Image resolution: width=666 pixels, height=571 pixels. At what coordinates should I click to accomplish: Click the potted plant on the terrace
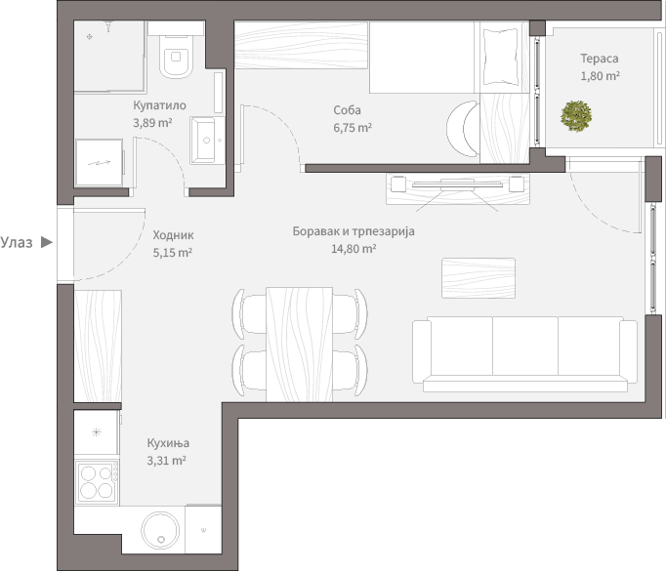coord(576,116)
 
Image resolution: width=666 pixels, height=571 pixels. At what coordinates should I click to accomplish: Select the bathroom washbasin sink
coord(207,141)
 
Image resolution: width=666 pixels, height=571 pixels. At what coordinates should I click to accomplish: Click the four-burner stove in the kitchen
coord(97,482)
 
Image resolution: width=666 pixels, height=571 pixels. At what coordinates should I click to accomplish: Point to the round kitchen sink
coord(160,530)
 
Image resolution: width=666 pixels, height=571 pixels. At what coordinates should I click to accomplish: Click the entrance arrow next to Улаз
coord(47,242)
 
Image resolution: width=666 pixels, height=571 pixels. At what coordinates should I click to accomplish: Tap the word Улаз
coord(17,242)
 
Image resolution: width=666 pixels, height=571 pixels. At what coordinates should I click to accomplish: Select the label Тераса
coord(600,59)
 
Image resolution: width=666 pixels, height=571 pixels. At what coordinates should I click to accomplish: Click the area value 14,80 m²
coord(354,248)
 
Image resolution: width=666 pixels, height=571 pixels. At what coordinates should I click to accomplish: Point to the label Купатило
coord(160,105)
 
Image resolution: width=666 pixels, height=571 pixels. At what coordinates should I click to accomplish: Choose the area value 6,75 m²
coord(353,127)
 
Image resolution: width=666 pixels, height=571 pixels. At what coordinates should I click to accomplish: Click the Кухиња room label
coord(168,443)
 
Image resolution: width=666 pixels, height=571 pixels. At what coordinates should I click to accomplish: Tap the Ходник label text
coord(173,235)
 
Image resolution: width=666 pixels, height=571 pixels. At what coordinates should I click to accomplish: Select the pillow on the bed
coord(501,57)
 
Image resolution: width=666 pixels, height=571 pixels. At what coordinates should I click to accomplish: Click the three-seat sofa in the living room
coord(524,354)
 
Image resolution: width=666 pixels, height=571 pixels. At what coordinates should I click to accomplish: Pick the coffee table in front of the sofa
coord(479,278)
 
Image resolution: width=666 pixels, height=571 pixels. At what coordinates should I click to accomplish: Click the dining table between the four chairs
coord(300,345)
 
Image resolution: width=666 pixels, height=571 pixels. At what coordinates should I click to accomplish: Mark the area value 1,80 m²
coord(600,76)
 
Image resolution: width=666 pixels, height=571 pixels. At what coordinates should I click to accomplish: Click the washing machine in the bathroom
coord(100,163)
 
